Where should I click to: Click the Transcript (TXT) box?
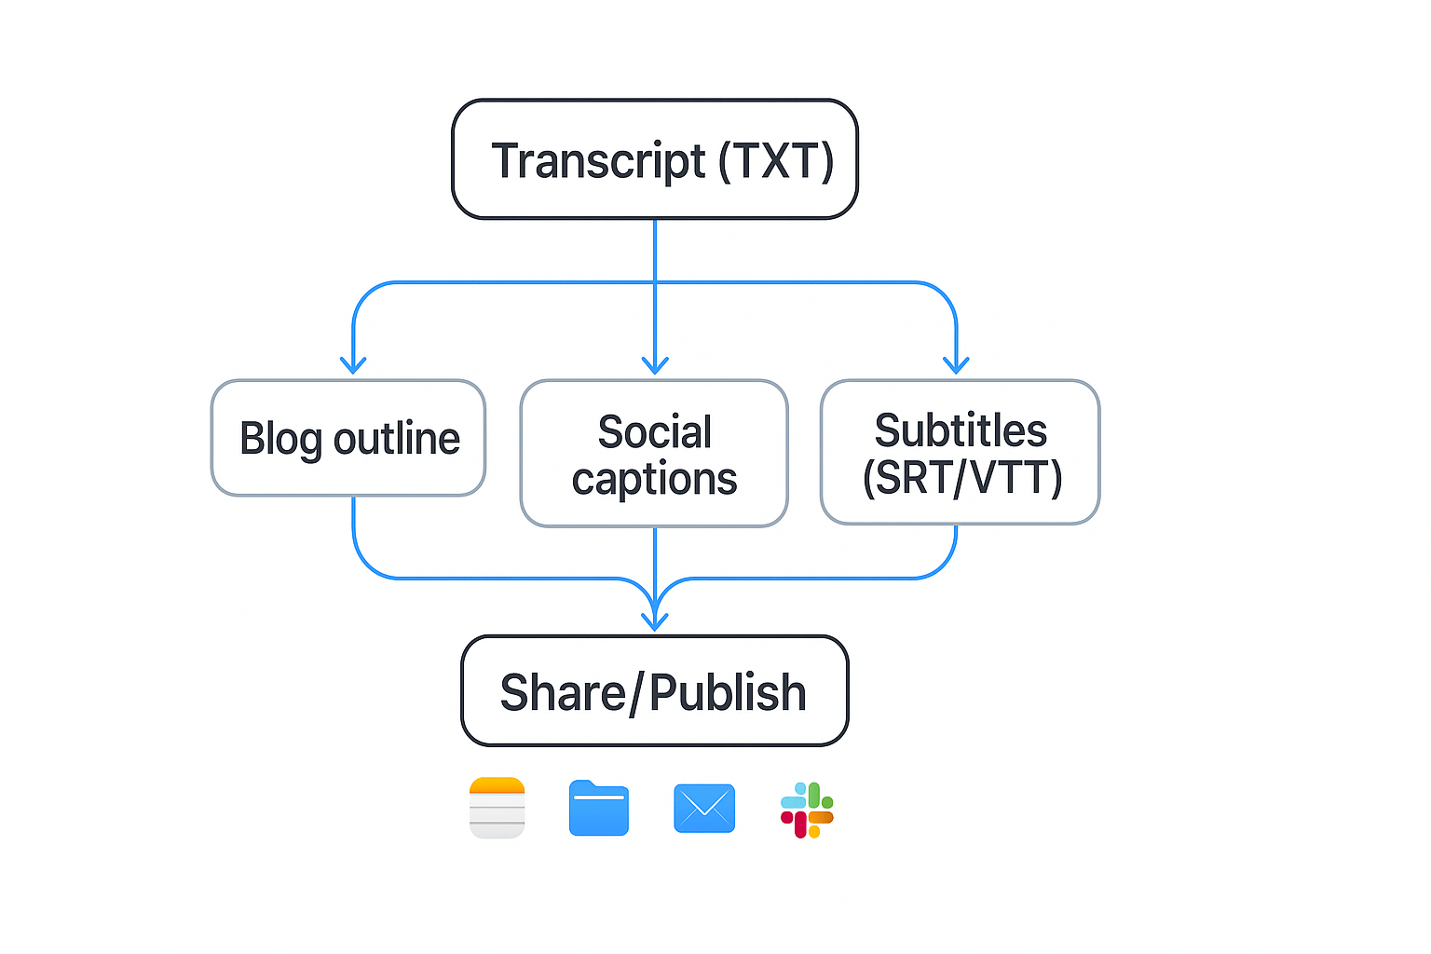654,159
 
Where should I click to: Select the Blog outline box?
348,438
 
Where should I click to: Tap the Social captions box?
654,454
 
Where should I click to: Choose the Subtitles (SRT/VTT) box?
960,452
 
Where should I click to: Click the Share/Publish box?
654,690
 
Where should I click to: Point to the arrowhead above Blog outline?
353,364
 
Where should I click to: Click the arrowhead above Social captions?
655,364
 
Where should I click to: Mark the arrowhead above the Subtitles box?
956,364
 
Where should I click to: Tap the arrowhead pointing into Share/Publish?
655,620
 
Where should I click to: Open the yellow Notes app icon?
497,808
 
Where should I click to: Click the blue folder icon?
599,808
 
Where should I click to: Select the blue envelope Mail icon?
704,808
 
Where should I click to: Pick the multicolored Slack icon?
807,810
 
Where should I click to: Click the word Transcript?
598,161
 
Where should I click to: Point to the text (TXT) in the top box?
775,161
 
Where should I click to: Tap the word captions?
654,479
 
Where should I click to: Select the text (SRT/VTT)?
961,478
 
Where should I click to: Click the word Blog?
280,439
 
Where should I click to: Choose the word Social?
654,432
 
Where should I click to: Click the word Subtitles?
961,430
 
